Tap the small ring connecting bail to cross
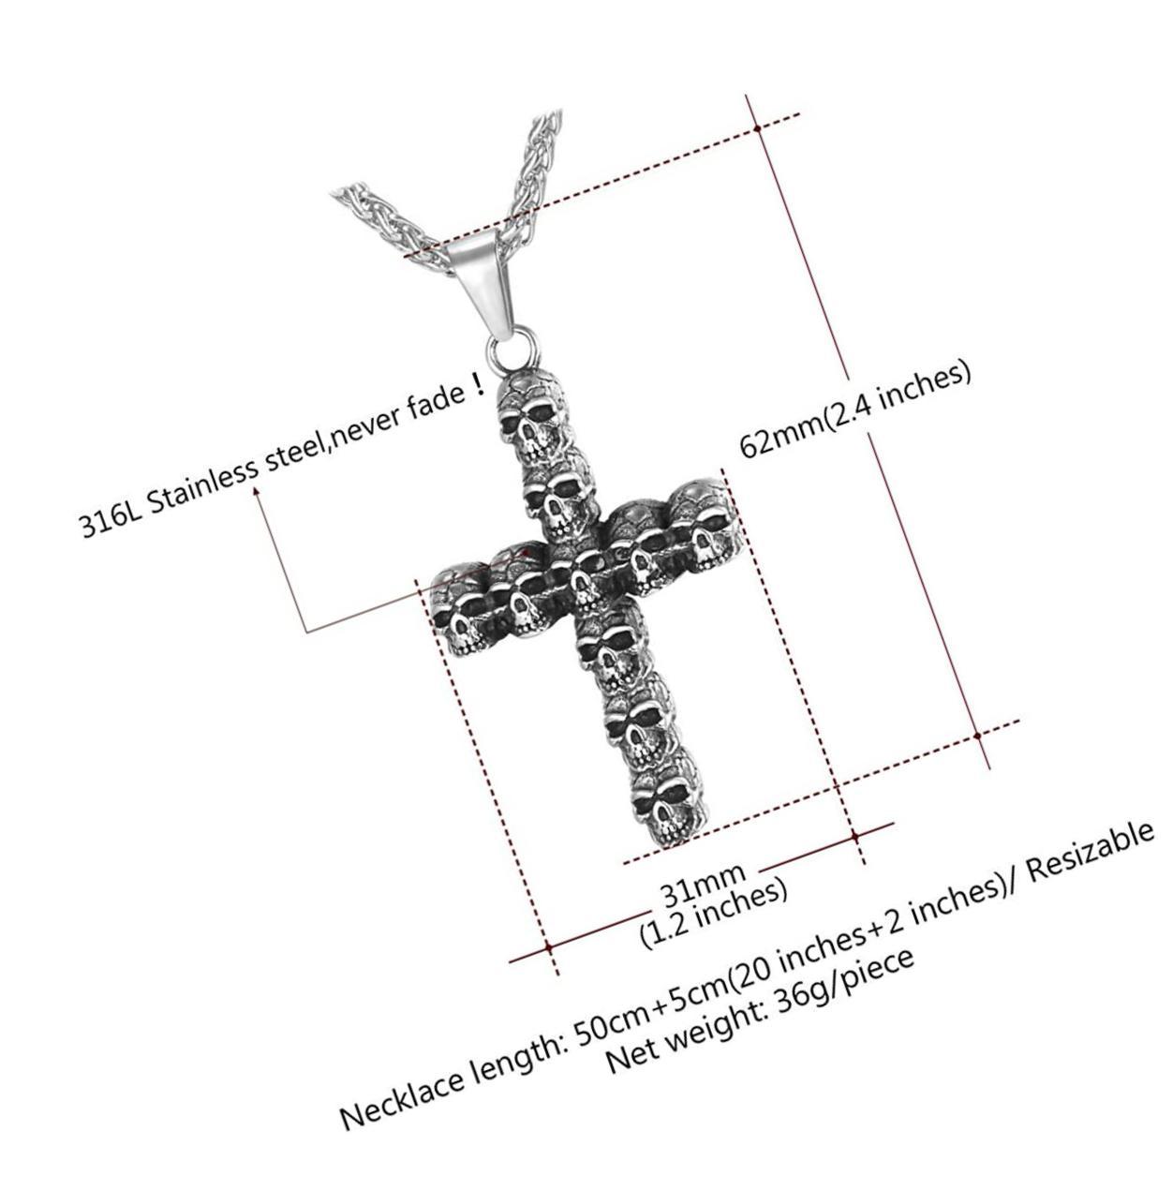[x=514, y=350]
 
